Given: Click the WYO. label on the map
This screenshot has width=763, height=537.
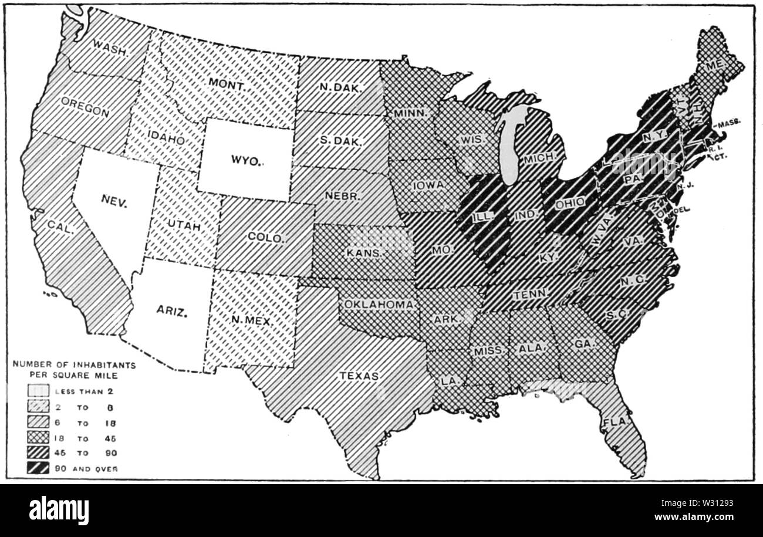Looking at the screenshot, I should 245,161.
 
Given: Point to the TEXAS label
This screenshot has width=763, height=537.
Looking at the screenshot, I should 359,376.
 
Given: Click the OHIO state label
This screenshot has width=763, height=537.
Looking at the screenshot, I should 570,202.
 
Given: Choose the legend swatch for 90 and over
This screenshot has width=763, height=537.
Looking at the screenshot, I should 38,468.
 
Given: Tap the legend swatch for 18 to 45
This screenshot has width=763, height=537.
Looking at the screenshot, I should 38,438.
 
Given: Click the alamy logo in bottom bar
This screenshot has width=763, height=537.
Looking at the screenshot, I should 59,510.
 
